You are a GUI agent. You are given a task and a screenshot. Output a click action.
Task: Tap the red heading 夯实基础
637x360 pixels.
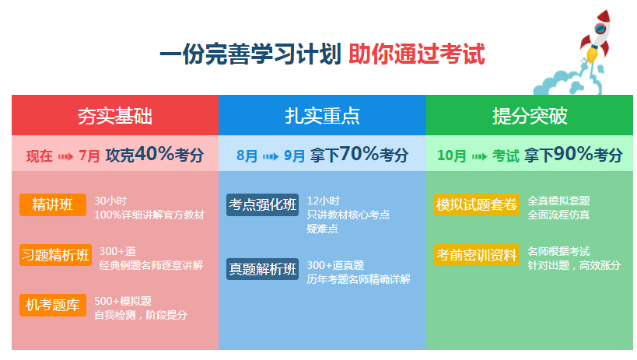click(x=115, y=116)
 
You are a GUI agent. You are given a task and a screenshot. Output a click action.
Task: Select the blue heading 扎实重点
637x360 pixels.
click(x=322, y=116)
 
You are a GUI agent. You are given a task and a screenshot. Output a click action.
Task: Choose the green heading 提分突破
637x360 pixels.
click(x=530, y=116)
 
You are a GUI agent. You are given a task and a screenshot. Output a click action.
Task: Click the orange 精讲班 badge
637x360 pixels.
click(x=53, y=204)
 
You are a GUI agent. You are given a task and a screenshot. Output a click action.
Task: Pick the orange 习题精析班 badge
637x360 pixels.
click(x=55, y=255)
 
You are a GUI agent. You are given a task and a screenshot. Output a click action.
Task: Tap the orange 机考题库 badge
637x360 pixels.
click(x=53, y=305)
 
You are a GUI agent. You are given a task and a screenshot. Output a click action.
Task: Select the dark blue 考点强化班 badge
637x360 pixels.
click(x=262, y=204)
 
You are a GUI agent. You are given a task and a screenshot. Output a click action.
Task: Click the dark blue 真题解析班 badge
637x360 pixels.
click(x=262, y=269)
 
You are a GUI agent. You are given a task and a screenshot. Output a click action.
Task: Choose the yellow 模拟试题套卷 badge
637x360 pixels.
click(x=477, y=204)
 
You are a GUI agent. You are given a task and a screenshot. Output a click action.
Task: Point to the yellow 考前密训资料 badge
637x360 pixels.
click(x=477, y=255)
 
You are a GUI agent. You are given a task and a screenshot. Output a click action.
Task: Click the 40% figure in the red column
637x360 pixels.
click(x=154, y=154)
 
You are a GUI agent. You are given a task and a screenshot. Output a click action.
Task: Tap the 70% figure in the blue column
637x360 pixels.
click(x=359, y=154)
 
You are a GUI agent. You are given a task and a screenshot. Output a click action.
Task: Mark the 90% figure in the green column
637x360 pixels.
click(x=573, y=154)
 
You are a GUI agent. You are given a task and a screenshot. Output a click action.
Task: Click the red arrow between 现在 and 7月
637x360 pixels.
click(x=66, y=156)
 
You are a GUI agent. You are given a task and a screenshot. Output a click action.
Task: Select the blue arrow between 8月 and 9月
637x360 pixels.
click(x=271, y=156)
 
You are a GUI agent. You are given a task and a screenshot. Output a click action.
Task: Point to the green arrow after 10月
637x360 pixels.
click(x=479, y=156)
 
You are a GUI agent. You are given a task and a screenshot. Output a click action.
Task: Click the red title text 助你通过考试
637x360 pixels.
click(x=416, y=54)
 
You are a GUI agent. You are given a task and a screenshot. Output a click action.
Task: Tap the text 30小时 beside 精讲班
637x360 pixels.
click(x=110, y=201)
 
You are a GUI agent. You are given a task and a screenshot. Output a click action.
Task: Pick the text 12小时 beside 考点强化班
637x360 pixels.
click(x=323, y=201)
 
